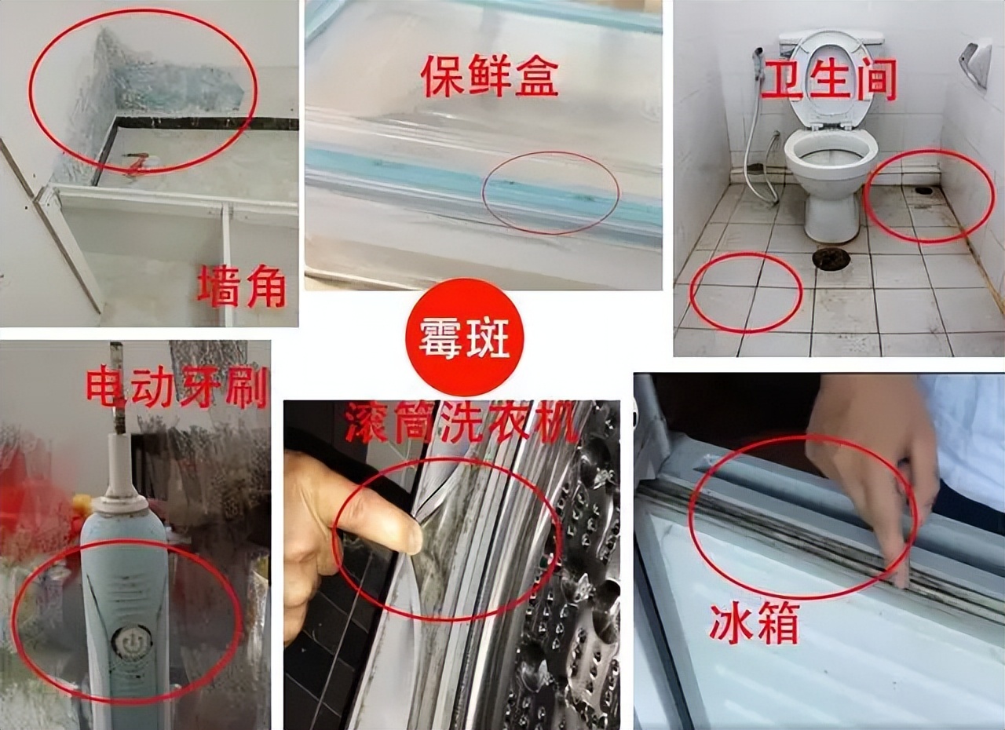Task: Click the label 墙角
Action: pos(241,287)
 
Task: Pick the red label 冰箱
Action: pos(754,624)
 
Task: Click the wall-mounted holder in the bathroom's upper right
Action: pos(975,61)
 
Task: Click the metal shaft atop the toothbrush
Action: pos(118,389)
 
